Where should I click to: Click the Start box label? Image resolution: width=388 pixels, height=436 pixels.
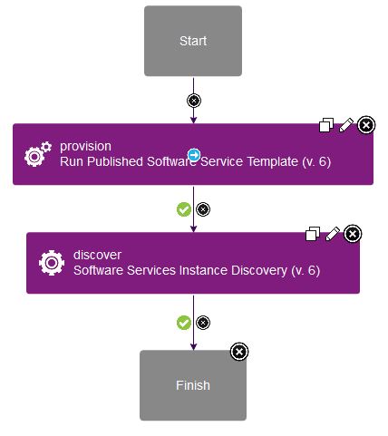(193, 41)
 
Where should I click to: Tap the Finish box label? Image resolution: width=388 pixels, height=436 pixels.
(193, 385)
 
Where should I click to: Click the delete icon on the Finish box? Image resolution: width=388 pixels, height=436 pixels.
(239, 352)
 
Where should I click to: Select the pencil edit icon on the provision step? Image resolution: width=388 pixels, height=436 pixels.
(346, 125)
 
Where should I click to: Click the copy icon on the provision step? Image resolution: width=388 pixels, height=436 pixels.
(326, 125)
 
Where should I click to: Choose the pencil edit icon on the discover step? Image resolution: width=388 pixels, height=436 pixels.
(333, 234)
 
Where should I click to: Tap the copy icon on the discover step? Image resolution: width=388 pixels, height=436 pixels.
(313, 234)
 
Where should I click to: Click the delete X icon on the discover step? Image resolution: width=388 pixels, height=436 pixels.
(353, 234)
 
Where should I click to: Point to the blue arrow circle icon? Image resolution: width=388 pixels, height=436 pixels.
(194, 155)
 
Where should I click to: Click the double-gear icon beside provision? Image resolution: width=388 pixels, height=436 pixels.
(38, 154)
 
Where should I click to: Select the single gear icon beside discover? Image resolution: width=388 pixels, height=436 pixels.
(52, 263)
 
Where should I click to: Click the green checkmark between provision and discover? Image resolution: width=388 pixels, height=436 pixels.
(184, 209)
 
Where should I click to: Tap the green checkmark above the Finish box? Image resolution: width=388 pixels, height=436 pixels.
(184, 323)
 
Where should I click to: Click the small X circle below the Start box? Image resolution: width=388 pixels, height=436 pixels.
(194, 101)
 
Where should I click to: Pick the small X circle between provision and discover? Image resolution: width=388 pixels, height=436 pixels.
(203, 209)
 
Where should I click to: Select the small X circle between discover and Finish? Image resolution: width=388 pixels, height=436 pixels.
(203, 323)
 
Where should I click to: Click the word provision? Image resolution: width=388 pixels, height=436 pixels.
(85, 147)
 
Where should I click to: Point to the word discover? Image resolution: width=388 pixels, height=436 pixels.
(97, 255)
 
